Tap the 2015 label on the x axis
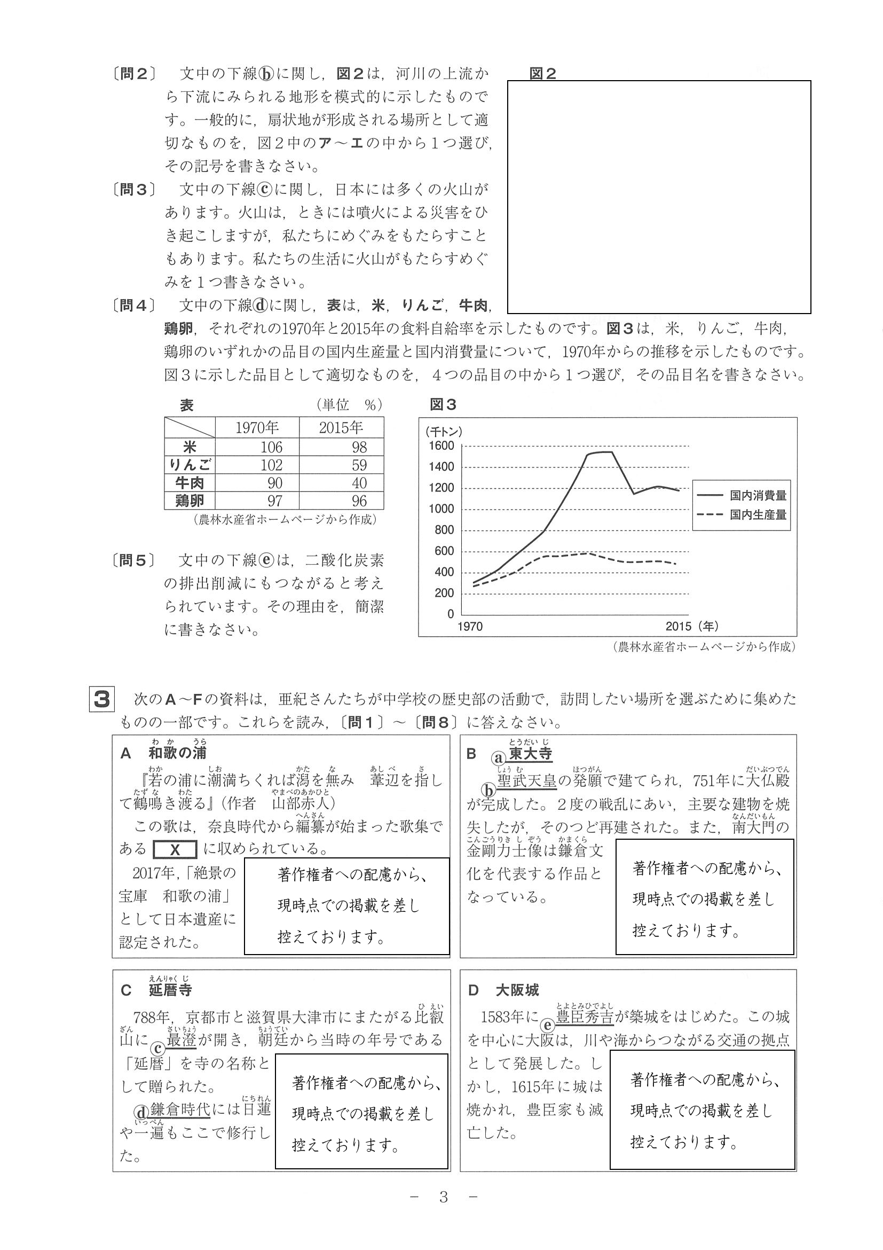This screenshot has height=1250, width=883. (x=679, y=627)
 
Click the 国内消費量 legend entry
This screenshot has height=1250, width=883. (x=758, y=495)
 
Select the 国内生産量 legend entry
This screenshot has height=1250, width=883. (x=758, y=514)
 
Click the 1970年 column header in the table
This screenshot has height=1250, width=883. (x=257, y=427)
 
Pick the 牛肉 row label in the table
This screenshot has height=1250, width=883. (x=190, y=483)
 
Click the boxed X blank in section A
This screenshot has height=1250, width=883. (x=175, y=850)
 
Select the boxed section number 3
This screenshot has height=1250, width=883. (x=102, y=700)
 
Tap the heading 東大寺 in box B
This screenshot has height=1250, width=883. (x=531, y=754)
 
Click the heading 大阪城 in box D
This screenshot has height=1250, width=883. (x=517, y=990)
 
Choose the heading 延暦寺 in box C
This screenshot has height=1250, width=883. (x=170, y=990)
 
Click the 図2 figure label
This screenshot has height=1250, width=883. (x=542, y=74)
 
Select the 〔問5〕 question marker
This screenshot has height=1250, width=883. (x=134, y=560)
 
